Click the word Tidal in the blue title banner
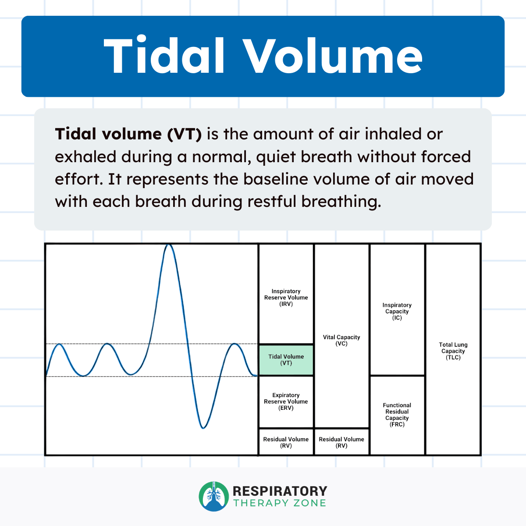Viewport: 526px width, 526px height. [x=164, y=57]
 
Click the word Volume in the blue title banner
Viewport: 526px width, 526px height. [x=333, y=57]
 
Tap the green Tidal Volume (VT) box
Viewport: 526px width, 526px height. [x=286, y=360]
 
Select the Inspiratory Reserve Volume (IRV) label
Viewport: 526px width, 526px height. [x=286, y=298]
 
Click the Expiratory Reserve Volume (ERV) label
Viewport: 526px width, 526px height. [x=286, y=402]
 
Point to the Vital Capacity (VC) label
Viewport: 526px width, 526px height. [x=341, y=341]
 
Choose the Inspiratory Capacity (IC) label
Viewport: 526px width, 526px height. [x=397, y=311]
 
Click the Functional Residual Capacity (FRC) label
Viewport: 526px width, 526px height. [x=397, y=415]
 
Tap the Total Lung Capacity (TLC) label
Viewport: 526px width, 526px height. [x=453, y=351]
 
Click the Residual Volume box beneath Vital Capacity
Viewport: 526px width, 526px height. [x=341, y=442]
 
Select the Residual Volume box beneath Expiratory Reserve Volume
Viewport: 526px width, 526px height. [x=286, y=442]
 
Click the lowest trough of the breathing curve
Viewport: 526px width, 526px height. [x=203, y=427]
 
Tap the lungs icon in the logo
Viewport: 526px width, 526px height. [x=214, y=496]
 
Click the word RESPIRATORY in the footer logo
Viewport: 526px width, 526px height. [x=280, y=491]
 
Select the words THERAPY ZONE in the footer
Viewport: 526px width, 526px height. [x=280, y=503]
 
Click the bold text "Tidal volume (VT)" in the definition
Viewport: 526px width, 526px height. [x=128, y=134]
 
